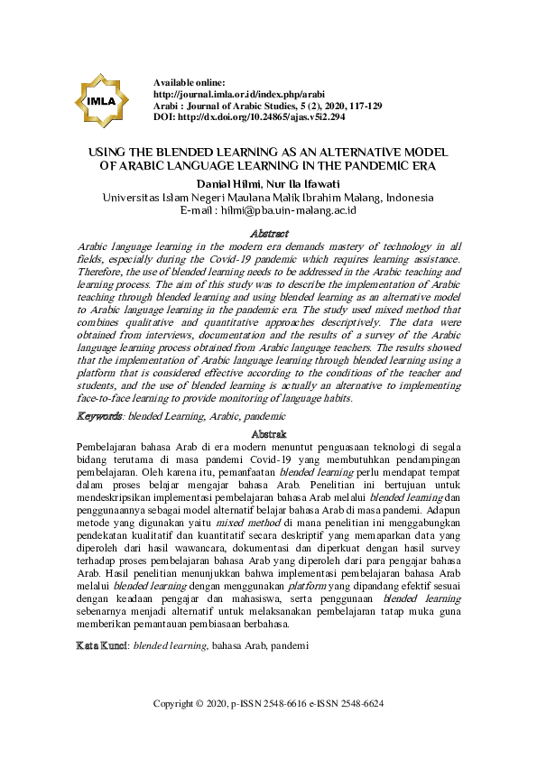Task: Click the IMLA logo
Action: click(101, 100)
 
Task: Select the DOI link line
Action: click(243, 117)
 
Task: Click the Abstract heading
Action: click(268, 233)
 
